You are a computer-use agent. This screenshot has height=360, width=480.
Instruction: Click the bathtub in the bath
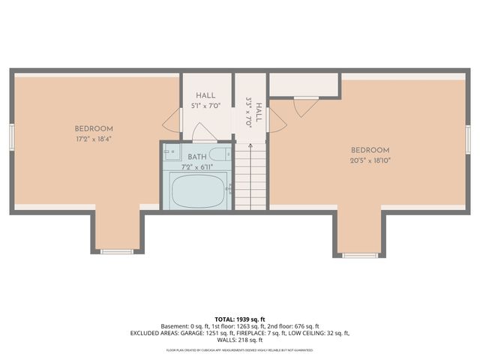[199, 191]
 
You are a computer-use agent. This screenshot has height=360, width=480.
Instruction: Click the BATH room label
[197, 157]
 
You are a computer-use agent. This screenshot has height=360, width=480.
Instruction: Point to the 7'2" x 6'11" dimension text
[197, 166]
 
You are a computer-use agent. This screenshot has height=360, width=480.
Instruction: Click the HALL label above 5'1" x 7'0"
[206, 96]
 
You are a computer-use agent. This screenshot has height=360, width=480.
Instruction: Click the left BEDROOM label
[94, 128]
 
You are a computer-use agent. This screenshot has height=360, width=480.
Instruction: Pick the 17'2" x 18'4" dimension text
[94, 139]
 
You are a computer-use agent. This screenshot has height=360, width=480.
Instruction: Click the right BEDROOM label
[370, 150]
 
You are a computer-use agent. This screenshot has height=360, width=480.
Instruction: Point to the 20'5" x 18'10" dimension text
[370, 160]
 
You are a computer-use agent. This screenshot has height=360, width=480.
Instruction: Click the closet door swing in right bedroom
[306, 106]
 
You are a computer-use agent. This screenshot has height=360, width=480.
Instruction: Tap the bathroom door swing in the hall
[205, 133]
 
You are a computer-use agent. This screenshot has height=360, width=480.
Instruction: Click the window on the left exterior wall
[11, 137]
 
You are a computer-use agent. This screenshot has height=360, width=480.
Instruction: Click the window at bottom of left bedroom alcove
[116, 251]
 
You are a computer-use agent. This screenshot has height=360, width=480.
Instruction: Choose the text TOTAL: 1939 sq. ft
[240, 319]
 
